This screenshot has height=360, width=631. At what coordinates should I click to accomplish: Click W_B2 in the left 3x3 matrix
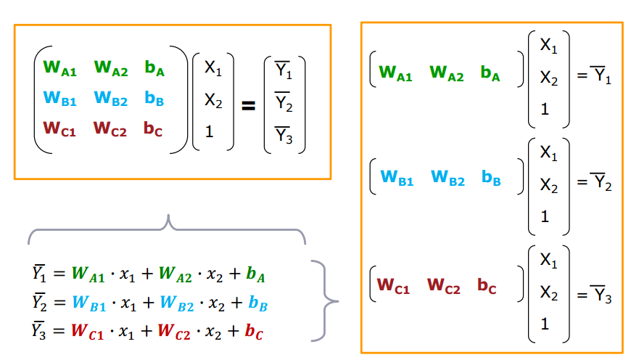coord(110,99)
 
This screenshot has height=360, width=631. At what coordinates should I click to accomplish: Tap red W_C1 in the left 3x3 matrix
coord(59,129)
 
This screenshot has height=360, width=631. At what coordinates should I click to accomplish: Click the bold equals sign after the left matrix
coord(248,106)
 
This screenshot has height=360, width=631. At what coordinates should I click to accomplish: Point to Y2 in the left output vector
coord(284,105)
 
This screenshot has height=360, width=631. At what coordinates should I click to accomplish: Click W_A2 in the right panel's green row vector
coord(446,73)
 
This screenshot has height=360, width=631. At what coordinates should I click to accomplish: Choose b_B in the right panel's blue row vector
coord(491,179)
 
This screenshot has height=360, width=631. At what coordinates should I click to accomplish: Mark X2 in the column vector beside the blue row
coord(548,187)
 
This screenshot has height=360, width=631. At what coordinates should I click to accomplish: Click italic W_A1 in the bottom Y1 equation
coord(88,275)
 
